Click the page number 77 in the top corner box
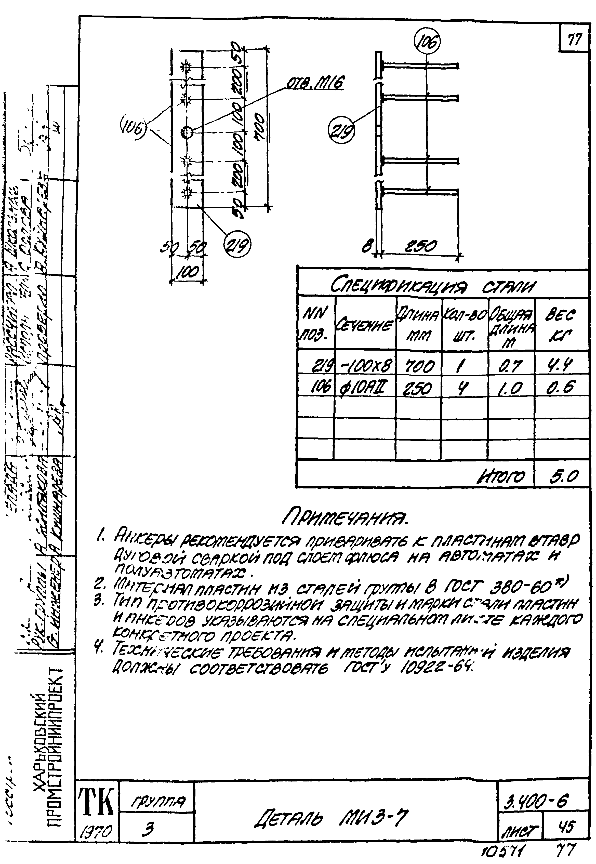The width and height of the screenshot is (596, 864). click(x=574, y=39)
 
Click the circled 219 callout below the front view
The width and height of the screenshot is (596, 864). click(x=237, y=246)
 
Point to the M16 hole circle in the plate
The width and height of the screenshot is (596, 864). click(x=187, y=131)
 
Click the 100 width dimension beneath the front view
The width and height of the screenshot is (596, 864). click(x=188, y=272)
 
